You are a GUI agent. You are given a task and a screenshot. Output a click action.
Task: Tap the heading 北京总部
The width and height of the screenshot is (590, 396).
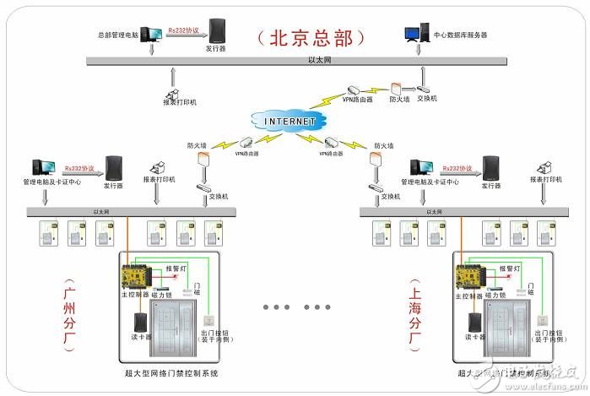[x=311, y=38]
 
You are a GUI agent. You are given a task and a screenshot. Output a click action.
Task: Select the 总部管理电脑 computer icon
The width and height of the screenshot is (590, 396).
[x=152, y=34]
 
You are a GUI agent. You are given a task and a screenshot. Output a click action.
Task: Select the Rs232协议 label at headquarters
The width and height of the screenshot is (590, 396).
[x=182, y=30]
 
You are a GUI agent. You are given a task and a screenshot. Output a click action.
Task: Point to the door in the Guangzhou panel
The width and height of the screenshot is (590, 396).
[x=176, y=334]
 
